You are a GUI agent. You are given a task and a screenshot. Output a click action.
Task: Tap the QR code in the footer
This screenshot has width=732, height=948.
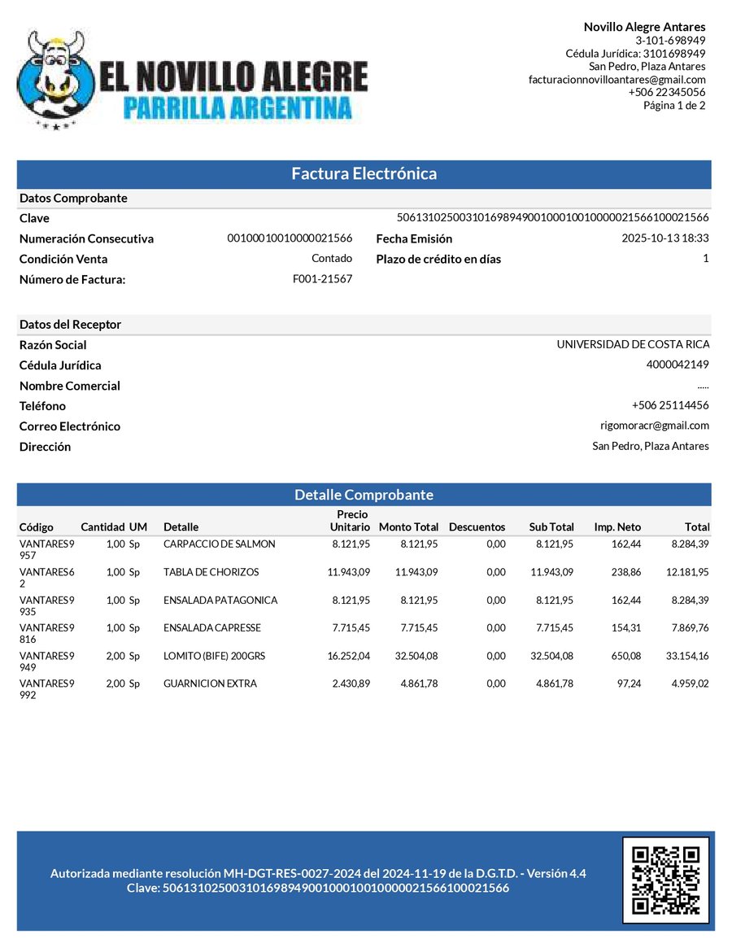[665, 880]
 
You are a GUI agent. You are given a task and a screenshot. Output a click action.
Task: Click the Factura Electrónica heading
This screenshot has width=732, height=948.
[364, 173]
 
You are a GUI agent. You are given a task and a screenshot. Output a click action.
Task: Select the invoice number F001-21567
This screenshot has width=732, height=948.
[322, 279]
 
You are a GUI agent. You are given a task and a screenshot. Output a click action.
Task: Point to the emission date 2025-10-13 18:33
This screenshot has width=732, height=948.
[665, 238]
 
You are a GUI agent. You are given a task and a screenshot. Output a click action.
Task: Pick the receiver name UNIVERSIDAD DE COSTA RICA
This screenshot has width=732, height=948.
[633, 344]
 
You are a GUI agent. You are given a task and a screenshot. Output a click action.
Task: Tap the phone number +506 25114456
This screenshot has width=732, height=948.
[670, 405]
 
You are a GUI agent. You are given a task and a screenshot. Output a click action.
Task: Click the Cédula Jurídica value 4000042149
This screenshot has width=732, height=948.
[678, 365]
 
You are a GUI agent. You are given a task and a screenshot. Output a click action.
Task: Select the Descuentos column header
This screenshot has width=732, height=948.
[477, 526]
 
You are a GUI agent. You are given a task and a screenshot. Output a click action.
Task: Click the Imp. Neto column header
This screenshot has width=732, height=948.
[617, 526]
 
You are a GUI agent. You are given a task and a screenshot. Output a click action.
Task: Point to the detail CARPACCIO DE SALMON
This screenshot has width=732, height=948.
[219, 544]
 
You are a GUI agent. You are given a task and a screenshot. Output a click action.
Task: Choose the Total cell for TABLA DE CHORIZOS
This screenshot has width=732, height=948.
[687, 572]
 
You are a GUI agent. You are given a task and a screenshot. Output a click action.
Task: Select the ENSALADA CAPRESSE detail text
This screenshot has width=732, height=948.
[211, 628]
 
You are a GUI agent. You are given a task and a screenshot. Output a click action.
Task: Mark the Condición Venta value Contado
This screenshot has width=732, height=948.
[332, 259]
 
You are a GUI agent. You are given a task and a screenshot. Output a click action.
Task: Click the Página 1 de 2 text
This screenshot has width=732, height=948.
[674, 105]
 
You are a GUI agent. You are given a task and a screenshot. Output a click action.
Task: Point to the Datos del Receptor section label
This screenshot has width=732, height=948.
[70, 325]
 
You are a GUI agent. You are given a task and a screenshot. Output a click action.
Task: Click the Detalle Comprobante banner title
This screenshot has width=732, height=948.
[364, 495]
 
